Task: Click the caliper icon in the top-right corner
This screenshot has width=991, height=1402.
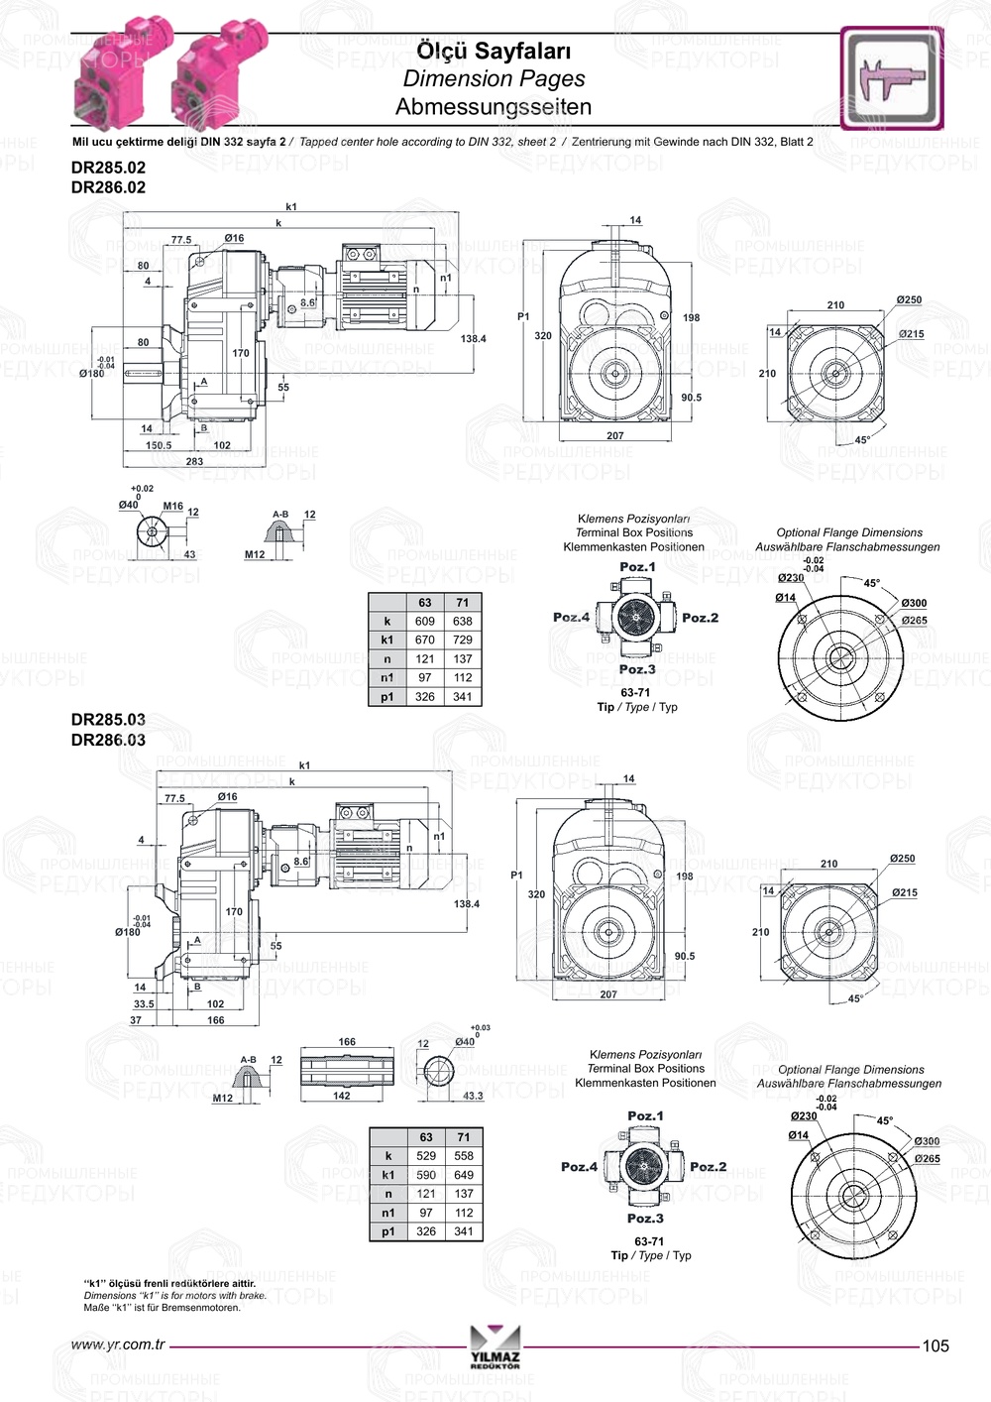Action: tap(892, 78)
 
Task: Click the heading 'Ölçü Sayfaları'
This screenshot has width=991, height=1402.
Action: tap(494, 51)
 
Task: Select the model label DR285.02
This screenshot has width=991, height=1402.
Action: tap(108, 168)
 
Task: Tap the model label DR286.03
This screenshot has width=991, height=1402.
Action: tap(108, 740)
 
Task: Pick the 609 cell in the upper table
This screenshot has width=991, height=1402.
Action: tap(425, 622)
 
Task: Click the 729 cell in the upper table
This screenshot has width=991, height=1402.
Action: tap(463, 641)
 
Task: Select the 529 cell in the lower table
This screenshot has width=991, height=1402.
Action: tap(426, 1156)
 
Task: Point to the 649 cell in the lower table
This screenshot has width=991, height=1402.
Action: tap(464, 1175)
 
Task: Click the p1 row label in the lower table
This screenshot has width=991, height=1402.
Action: tap(388, 1231)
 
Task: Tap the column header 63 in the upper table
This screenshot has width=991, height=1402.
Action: tap(425, 603)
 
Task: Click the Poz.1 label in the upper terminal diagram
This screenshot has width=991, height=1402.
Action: tap(637, 567)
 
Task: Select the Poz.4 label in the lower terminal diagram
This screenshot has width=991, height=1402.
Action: tap(579, 1167)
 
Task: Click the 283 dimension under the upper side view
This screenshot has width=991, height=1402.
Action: tap(194, 461)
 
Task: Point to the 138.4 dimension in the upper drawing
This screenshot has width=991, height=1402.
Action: tap(474, 339)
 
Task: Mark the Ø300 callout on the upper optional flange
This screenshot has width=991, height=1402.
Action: tap(914, 603)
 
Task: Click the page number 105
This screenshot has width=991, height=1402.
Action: tap(936, 1345)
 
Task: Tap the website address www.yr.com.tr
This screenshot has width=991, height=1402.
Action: tap(118, 1345)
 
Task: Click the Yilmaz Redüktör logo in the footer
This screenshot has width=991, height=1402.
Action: tap(495, 1346)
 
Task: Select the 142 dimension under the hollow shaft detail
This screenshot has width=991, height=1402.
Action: tap(342, 1096)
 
